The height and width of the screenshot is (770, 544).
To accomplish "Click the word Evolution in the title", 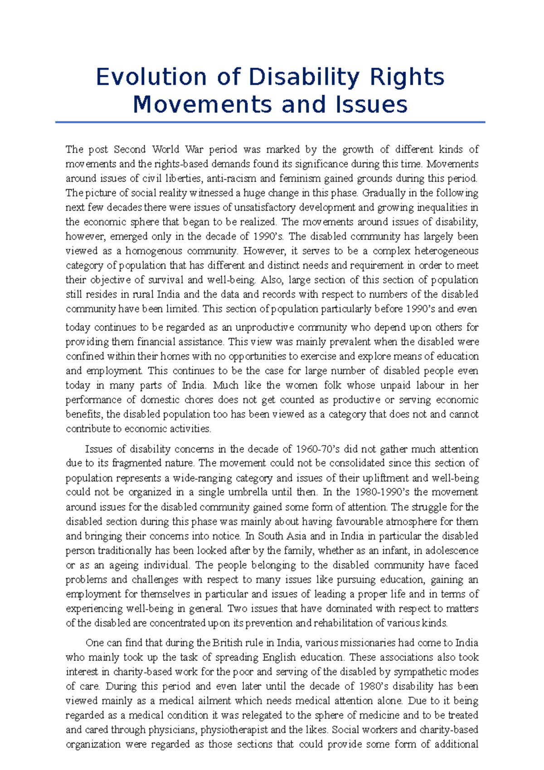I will click(x=151, y=77).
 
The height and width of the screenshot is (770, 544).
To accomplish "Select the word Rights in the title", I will click(x=407, y=77).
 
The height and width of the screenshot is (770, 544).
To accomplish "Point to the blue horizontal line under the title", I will click(x=270, y=122).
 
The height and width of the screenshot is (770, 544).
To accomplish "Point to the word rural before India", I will click(x=143, y=294).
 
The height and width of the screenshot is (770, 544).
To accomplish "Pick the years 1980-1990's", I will click(x=382, y=492).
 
